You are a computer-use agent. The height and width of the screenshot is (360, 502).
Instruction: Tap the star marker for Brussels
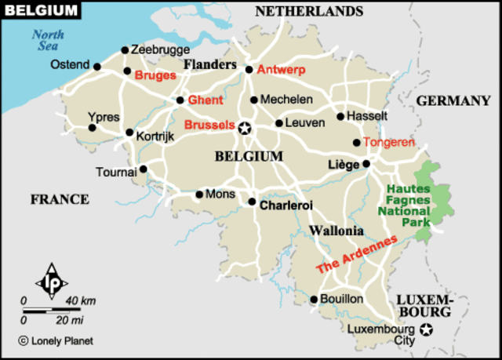(x=245, y=128)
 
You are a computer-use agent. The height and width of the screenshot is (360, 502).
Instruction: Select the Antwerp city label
(x=281, y=69)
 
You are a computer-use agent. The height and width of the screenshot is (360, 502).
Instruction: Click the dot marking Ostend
(x=97, y=67)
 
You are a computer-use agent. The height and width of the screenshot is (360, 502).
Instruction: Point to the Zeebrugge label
(x=160, y=49)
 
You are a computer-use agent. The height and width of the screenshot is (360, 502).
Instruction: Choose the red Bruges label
(x=155, y=76)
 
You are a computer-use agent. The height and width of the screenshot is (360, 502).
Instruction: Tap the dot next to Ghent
(x=180, y=100)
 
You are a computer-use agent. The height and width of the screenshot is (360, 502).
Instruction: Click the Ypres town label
(x=104, y=117)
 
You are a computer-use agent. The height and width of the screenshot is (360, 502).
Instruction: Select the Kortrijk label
(x=155, y=136)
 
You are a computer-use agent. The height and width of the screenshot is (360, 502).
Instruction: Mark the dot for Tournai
(x=143, y=168)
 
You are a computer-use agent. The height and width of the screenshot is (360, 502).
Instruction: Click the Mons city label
(x=220, y=193)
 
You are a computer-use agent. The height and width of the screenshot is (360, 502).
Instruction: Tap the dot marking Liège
(x=366, y=164)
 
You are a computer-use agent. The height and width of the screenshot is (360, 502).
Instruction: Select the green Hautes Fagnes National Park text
(x=405, y=205)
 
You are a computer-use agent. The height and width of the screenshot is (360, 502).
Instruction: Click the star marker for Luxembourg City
(x=426, y=329)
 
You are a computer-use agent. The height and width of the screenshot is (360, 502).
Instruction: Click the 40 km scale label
(x=82, y=301)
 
